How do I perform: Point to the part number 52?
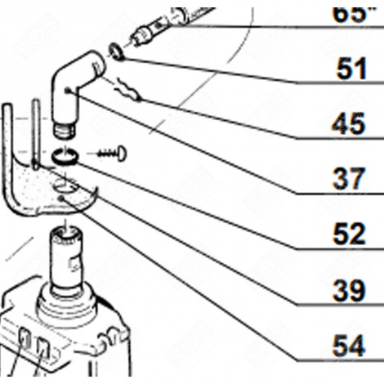[x=350, y=235]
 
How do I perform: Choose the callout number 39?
[x=350, y=290]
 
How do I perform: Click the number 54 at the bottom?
[x=350, y=346]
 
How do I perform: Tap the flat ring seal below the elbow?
[x=65, y=155]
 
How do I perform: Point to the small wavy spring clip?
[x=130, y=89]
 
